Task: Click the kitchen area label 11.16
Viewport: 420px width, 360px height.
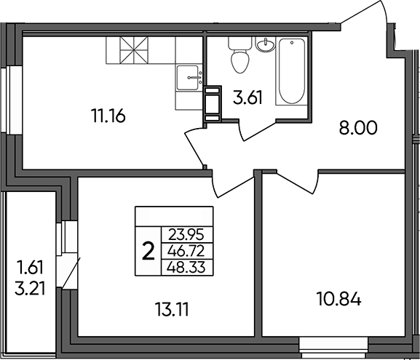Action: coord(108,116)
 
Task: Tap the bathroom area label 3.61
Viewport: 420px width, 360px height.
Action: coord(247,97)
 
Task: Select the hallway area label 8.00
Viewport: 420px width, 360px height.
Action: coord(358,128)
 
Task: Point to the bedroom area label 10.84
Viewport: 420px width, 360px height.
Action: coord(339,299)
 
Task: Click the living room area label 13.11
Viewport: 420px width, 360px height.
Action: coord(172,310)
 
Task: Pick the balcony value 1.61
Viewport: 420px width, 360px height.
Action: coord(30,268)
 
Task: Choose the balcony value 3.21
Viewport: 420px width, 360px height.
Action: coord(30,289)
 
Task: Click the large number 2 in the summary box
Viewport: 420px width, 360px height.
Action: coord(148,251)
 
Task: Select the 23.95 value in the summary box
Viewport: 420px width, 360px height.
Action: coord(186,235)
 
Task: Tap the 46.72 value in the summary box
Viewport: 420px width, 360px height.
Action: coord(186,251)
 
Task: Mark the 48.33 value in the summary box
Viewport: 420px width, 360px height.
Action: coord(186,267)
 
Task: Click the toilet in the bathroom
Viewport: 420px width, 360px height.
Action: coord(239,55)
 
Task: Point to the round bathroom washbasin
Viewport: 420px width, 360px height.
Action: coord(266,44)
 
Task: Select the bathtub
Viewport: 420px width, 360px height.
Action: coord(291,71)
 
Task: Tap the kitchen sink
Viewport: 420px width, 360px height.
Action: coord(189,78)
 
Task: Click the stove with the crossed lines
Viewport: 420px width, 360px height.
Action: coord(134,50)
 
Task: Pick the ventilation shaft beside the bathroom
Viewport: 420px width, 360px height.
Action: coord(213,104)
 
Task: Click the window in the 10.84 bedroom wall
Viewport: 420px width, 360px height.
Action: coord(333,348)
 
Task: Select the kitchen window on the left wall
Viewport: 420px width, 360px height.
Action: coord(11,100)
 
